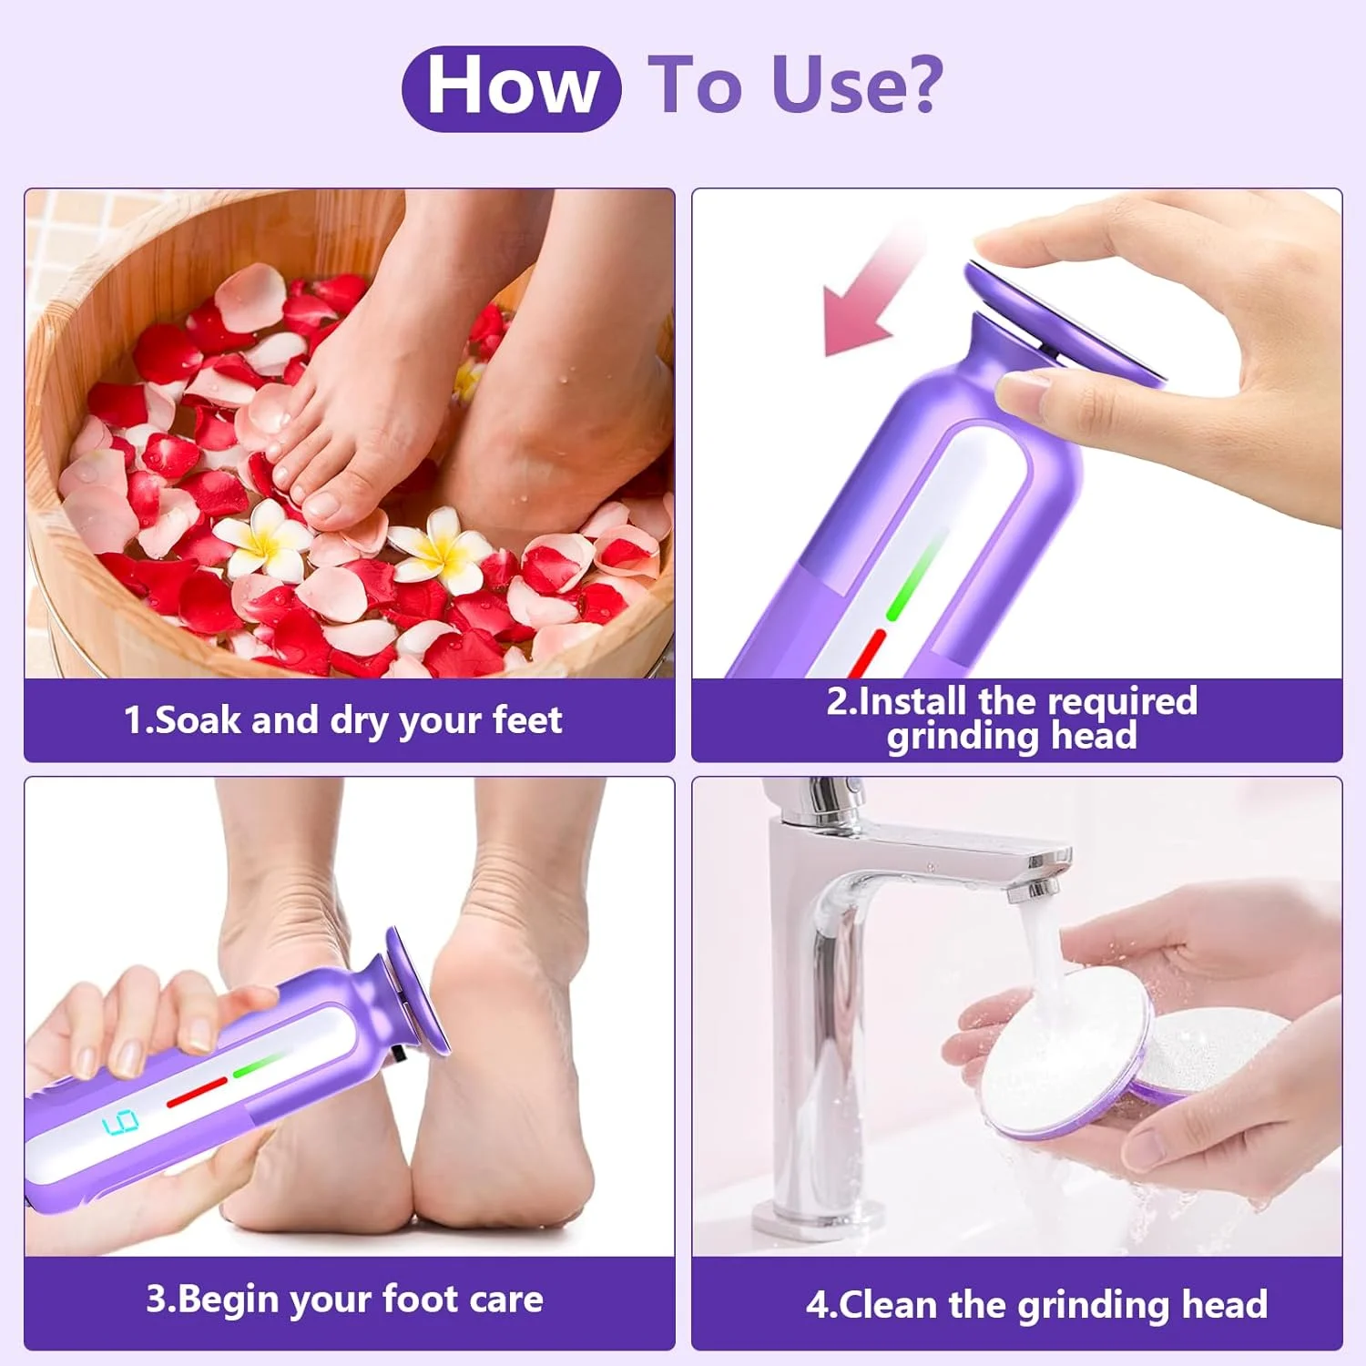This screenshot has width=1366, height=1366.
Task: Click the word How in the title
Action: click(512, 87)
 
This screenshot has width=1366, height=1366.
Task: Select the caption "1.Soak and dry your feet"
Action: click(342, 720)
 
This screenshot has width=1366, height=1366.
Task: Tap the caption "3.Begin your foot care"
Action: click(344, 1300)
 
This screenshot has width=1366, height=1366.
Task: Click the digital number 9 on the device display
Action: click(120, 1123)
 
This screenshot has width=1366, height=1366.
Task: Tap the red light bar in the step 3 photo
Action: click(197, 1093)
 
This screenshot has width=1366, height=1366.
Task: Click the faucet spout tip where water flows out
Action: click(1037, 889)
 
